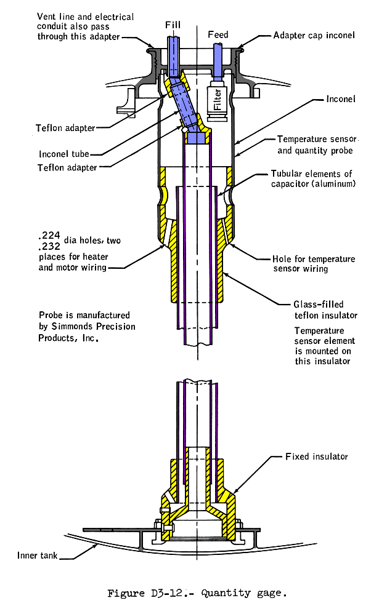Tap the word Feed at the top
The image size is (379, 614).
pos(219,34)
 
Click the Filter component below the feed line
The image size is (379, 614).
pos(217,99)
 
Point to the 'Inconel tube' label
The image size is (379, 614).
pos(65,153)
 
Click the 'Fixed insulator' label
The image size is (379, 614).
pos(317,457)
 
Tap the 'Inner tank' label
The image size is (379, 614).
pos(38,556)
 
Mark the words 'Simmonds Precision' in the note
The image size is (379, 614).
pos(87,326)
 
